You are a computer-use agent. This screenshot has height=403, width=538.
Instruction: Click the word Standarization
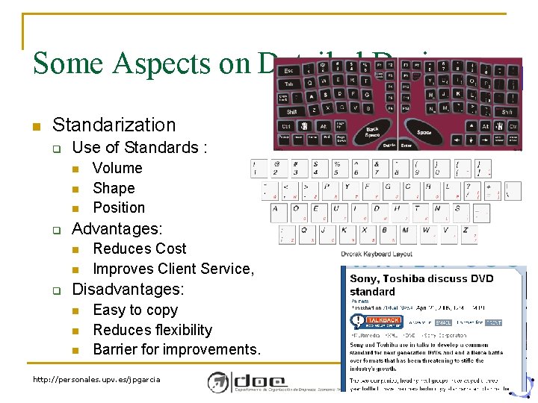click(114, 125)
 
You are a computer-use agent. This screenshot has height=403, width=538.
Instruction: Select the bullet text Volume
click(117, 168)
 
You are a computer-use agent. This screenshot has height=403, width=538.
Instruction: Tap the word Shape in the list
click(114, 188)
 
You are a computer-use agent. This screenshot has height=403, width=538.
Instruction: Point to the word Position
click(119, 207)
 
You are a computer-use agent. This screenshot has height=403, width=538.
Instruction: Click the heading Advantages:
click(117, 228)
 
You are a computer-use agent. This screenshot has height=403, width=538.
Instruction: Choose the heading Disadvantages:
click(128, 289)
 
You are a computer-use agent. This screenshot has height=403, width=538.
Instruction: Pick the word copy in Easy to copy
click(161, 310)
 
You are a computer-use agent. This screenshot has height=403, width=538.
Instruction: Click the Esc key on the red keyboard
click(288, 70)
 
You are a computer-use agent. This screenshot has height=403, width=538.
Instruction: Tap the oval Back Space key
click(372, 131)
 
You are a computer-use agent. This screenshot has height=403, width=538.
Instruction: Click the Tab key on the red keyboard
click(288, 84)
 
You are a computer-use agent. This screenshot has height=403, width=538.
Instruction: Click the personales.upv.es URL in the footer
click(96, 379)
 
